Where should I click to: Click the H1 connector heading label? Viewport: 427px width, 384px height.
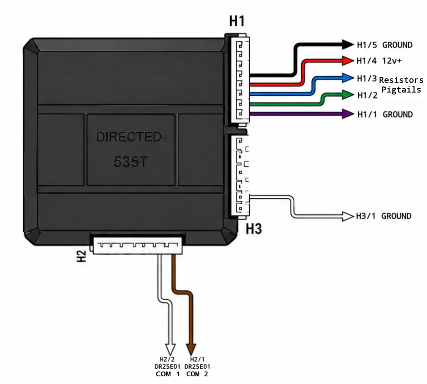click(237, 21)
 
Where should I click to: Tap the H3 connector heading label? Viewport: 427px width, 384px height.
click(254, 229)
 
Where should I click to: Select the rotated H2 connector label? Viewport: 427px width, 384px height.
click(82, 256)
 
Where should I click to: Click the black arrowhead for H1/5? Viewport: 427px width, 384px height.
click(348, 45)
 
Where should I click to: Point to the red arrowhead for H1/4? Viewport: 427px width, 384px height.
click(348, 60)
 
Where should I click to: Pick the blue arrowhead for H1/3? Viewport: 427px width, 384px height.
click(348, 78)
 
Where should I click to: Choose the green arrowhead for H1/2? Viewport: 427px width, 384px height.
click(348, 94)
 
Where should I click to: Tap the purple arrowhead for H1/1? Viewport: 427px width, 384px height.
click(348, 114)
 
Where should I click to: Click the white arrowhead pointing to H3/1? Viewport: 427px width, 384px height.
click(348, 216)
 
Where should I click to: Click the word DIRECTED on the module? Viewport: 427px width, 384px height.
click(129, 137)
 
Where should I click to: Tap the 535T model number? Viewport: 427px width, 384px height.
click(131, 162)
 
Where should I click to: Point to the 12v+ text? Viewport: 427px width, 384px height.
click(392, 60)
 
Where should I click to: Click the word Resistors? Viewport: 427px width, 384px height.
click(401, 80)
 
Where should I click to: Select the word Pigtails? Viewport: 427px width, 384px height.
click(401, 90)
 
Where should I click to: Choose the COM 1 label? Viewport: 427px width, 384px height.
click(168, 374)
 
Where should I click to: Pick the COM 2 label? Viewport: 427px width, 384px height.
click(197, 374)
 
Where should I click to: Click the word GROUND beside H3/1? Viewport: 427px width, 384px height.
click(396, 216)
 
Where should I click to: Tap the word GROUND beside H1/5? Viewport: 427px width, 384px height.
click(397, 45)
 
